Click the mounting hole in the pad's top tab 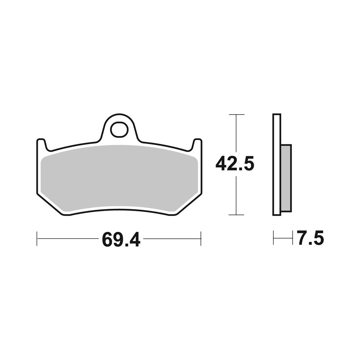(119, 130)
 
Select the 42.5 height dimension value (235, 165)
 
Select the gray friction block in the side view (286, 178)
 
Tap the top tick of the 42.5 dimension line (236, 114)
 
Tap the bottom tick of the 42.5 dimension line (236, 215)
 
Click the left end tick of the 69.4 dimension (37, 239)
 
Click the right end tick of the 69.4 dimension (201, 239)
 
